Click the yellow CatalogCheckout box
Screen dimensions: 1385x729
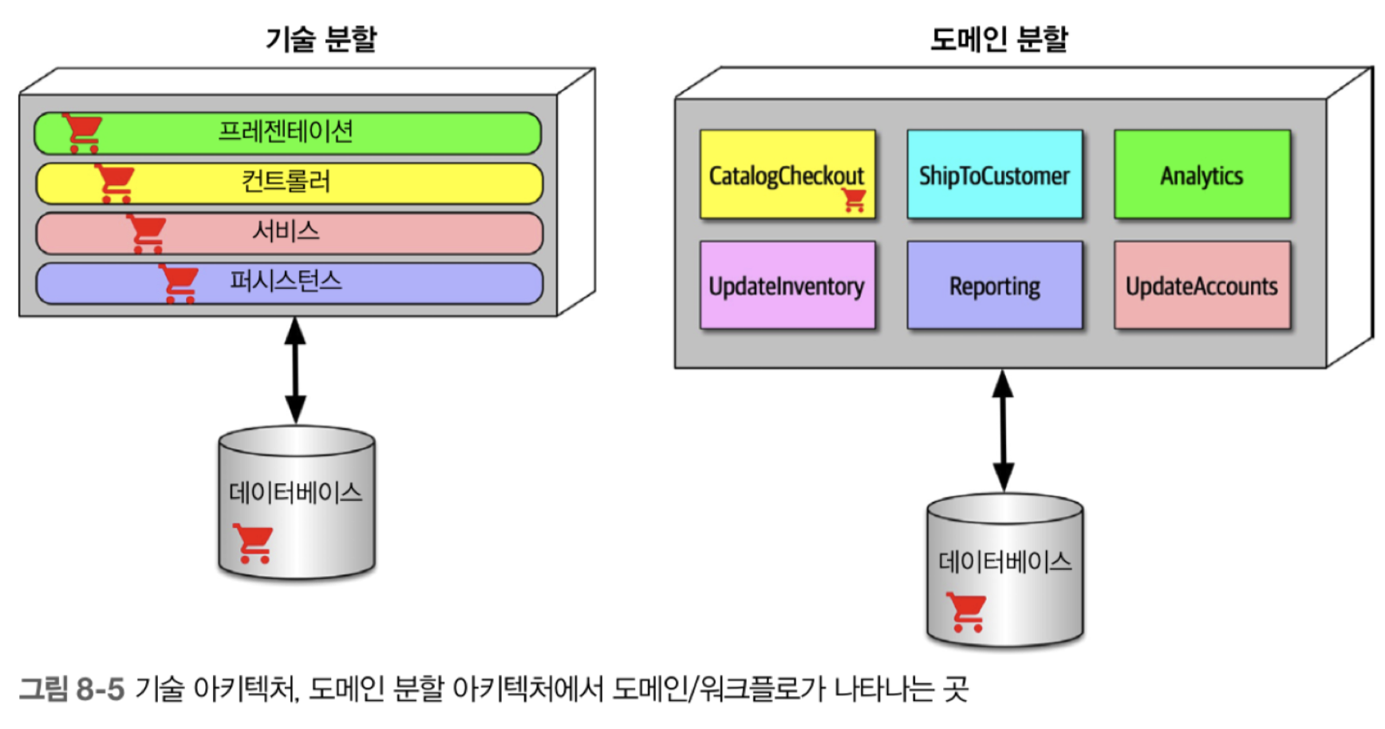coord(787,175)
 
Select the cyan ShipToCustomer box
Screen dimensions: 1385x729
coord(995,175)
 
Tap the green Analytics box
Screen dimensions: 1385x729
coord(1202,175)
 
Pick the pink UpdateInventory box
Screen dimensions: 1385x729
coord(787,285)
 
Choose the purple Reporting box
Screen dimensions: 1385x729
coord(995,285)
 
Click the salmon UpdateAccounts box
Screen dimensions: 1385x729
coord(1202,285)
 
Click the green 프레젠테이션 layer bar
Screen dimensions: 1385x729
coord(288,132)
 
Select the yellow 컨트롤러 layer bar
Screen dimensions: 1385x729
coord(289,183)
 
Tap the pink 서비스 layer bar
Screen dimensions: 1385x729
coord(289,233)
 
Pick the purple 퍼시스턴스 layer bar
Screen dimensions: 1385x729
coord(289,283)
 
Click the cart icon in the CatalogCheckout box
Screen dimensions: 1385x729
coord(854,199)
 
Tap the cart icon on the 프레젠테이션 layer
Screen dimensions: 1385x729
coord(82,132)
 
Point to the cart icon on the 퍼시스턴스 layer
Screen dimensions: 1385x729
coord(179,283)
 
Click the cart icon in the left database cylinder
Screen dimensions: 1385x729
coord(253,543)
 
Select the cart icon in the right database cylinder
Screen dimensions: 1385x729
coord(966,612)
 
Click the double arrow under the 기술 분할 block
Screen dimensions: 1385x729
coord(295,370)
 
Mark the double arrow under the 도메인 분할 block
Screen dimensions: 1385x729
coord(1003,431)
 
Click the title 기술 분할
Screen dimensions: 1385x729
coord(321,38)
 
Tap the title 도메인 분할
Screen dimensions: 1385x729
coord(999,38)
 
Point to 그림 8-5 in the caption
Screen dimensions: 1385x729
coord(72,688)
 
